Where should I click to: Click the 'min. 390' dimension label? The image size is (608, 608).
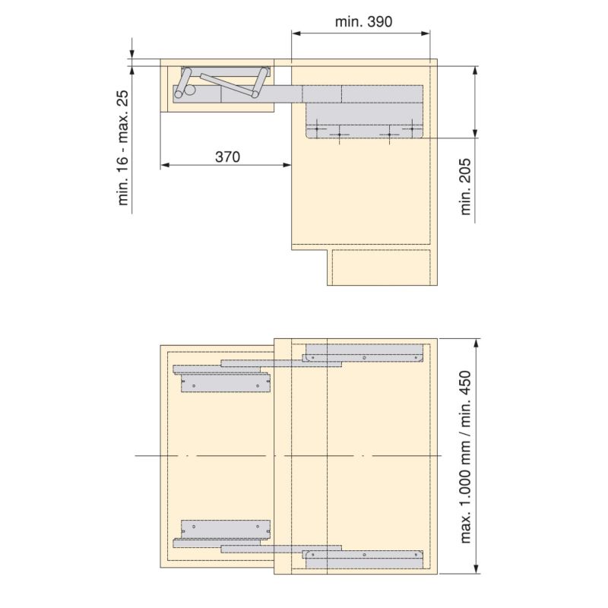click(x=363, y=21)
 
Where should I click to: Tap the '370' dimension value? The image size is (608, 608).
click(x=226, y=157)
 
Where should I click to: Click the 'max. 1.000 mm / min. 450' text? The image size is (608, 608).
click(x=467, y=458)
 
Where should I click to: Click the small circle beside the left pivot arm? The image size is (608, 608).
click(x=189, y=90)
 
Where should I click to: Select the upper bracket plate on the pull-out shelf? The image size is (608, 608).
click(x=225, y=384)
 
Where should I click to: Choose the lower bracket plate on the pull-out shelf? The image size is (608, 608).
click(x=225, y=527)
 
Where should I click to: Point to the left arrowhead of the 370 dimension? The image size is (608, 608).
click(x=164, y=165)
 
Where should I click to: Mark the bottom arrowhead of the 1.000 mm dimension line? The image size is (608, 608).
click(x=477, y=569)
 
